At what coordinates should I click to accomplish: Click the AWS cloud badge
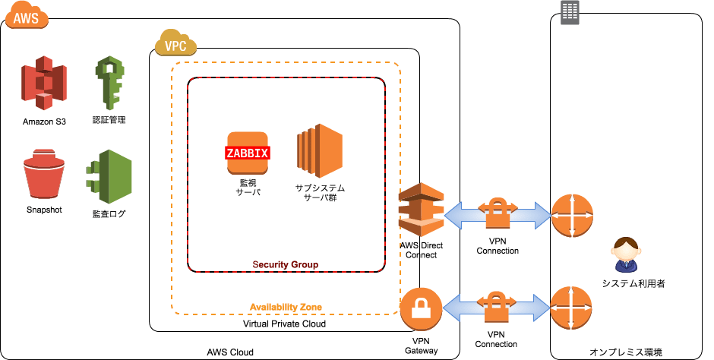(25, 15)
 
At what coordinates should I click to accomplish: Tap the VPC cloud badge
(175, 45)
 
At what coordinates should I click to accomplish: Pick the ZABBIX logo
(248, 153)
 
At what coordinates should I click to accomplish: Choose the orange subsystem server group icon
(320, 149)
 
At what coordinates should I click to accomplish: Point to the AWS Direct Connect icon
(421, 211)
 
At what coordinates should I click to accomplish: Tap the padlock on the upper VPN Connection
(498, 216)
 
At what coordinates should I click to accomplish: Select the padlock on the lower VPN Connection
(498, 307)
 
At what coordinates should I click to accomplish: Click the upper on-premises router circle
(571, 215)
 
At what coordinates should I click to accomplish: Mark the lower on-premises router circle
(571, 307)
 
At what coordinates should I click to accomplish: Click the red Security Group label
(285, 264)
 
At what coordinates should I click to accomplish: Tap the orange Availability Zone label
(286, 307)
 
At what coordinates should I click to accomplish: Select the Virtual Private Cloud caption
(284, 324)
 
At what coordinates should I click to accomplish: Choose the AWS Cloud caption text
(230, 352)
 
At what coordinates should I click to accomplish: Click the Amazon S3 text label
(44, 122)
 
